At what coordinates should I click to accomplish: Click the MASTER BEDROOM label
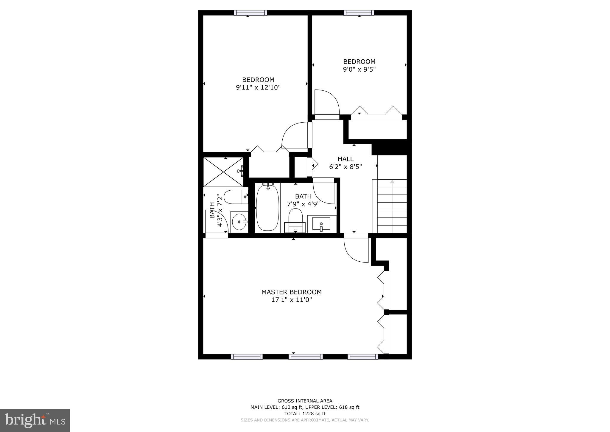(x=291, y=292)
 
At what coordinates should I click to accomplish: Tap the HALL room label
(x=346, y=159)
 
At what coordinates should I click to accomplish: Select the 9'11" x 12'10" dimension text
(x=258, y=88)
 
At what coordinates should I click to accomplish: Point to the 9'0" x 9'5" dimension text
(x=359, y=70)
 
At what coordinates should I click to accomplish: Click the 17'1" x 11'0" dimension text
(x=291, y=300)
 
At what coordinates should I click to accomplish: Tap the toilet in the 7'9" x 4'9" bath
(x=295, y=220)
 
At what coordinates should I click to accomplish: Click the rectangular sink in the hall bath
(x=321, y=224)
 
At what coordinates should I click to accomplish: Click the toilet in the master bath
(x=236, y=197)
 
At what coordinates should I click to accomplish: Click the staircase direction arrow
(x=392, y=182)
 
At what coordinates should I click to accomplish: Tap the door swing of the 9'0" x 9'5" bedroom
(x=327, y=102)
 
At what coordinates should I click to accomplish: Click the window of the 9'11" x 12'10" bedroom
(x=250, y=13)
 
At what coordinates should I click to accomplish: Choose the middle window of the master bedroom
(x=305, y=357)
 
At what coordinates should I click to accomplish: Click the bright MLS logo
(x=35, y=421)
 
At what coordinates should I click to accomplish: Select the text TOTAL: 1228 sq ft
(x=305, y=414)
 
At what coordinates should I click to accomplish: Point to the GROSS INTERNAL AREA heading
(x=305, y=401)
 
